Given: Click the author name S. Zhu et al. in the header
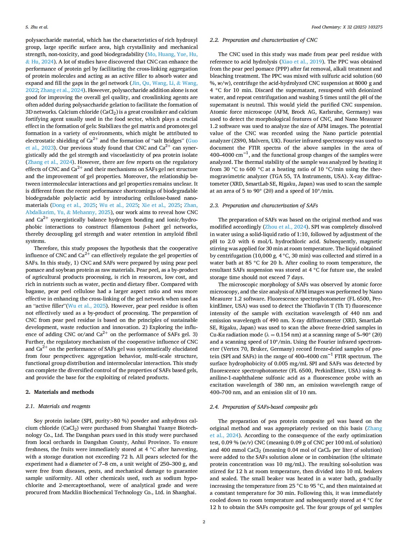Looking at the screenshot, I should (37, 27).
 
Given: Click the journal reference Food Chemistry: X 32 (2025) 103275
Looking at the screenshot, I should (347, 27).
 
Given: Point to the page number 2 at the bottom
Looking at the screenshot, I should (204, 522).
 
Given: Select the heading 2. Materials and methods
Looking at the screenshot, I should (59, 392).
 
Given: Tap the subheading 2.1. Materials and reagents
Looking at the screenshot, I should (58, 406).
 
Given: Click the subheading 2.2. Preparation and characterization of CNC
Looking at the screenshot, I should (263, 40).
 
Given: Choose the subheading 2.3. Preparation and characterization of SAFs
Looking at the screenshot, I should (263, 205).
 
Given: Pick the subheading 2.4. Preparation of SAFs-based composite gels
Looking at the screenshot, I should (263, 407).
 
